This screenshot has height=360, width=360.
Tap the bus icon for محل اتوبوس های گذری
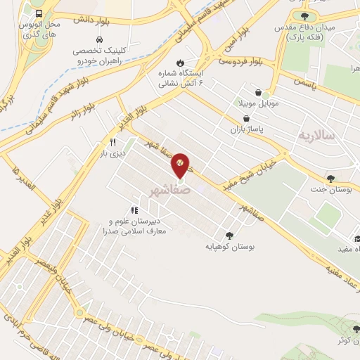pos(38,13)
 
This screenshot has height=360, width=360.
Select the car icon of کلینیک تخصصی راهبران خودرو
pos(99,39)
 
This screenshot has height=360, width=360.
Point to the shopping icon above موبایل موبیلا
pos(259,92)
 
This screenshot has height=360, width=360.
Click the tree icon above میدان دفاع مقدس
pos(304,16)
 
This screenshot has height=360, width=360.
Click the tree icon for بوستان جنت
pos(330,179)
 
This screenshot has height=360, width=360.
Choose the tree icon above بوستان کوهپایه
pos(229,236)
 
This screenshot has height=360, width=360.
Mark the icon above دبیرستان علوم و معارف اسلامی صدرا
pos(134,210)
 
